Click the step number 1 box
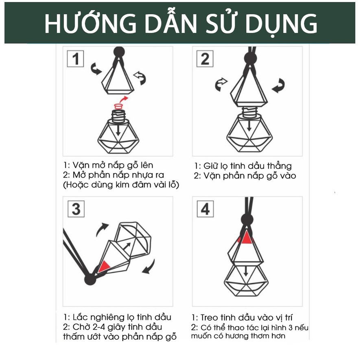pyautogui.click(x=75, y=59)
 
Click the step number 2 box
pyautogui.click(x=205, y=59)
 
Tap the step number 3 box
pyautogui.click(x=76, y=209)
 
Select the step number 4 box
pyautogui.click(x=205, y=209)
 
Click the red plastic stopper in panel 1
pyautogui.click(x=119, y=107)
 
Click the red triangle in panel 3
pyautogui.click(x=104, y=266)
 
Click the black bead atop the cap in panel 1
pyautogui.click(x=119, y=52)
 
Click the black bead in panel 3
pyautogui.click(x=90, y=280)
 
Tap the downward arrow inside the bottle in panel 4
pyautogui.click(x=247, y=272)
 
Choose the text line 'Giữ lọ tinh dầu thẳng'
pyautogui.click(x=243, y=166)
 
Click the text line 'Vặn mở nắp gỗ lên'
pyautogui.click(x=108, y=165)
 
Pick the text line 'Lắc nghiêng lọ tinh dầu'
pyautogui.click(x=117, y=317)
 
